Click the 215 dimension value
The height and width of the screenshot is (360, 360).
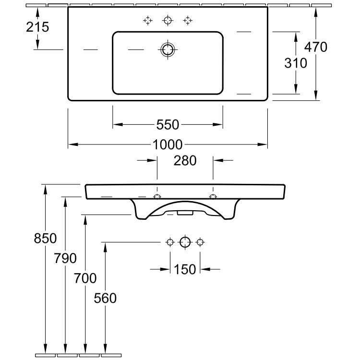point(37,27)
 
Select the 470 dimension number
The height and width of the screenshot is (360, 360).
point(316,47)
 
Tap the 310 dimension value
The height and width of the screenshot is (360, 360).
point(295,63)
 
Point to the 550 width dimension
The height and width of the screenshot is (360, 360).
point(168,125)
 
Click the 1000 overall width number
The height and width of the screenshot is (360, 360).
point(168,144)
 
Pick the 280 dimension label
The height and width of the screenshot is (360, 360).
point(185,160)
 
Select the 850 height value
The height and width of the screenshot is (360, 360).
point(45,238)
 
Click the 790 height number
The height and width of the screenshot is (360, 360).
point(65,258)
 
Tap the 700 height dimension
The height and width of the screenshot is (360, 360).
point(85,278)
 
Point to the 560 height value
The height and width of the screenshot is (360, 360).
point(105,298)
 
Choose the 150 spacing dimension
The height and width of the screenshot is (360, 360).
point(185,269)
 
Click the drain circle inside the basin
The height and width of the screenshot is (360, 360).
point(168,49)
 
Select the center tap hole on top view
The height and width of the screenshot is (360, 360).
point(168,20)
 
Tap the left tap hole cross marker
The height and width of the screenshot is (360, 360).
point(148,20)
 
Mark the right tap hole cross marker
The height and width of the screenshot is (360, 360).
point(187,20)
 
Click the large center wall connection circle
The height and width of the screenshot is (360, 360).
point(185,242)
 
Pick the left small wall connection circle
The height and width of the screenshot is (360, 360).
point(169,242)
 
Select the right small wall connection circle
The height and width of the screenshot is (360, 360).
point(201,242)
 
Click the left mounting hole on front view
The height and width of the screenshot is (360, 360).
point(157,197)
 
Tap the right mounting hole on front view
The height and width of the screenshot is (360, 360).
point(213,197)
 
